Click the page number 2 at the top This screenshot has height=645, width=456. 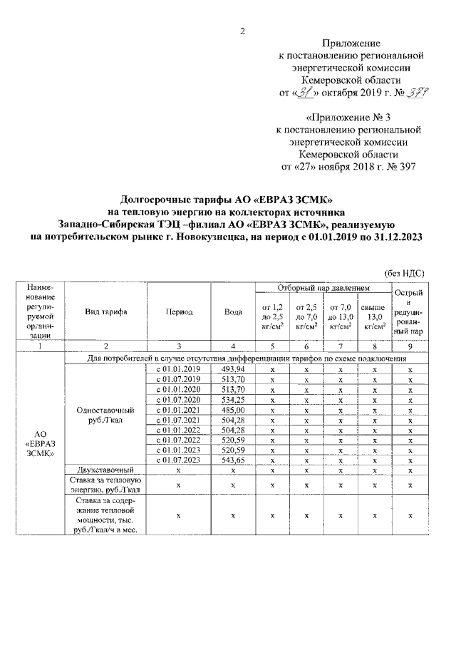(x=242, y=31)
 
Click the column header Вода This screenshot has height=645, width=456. (x=232, y=312)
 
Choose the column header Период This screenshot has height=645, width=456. (x=180, y=312)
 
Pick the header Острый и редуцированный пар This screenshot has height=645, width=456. (x=410, y=312)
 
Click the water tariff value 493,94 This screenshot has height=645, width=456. (x=232, y=369)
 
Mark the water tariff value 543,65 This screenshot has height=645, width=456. (x=232, y=461)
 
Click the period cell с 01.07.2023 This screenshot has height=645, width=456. (x=180, y=461)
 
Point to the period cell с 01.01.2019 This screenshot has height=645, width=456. (x=180, y=369)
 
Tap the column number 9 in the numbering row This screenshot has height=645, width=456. (x=410, y=346)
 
